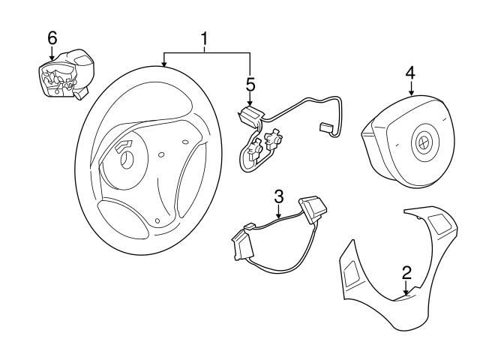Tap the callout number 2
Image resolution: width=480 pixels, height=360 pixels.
click(x=406, y=272)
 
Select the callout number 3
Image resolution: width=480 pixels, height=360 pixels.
click(x=278, y=196)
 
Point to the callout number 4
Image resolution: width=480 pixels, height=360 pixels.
click(x=409, y=73)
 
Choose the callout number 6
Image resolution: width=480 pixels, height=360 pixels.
click(x=52, y=37)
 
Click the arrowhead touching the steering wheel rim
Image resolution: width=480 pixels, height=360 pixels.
click(x=164, y=65)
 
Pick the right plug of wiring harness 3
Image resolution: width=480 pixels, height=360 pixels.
click(x=310, y=208)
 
